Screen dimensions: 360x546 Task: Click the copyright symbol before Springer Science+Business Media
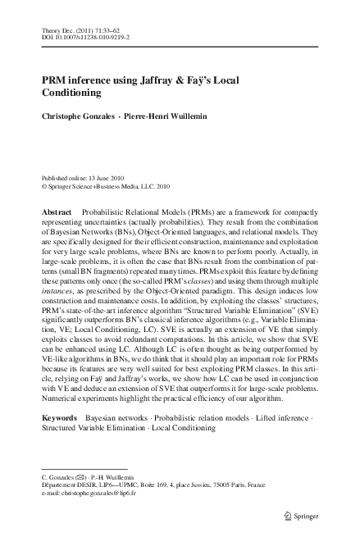[43, 186]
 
